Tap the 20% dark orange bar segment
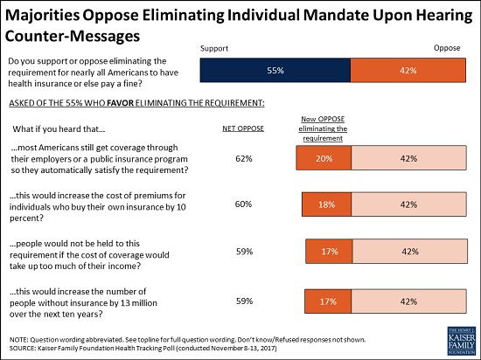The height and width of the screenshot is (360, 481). coord(323,158)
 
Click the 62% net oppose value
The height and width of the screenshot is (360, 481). coord(244,158)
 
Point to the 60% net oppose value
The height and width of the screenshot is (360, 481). coord(244,204)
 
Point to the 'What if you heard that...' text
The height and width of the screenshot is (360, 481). coord(57,128)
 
